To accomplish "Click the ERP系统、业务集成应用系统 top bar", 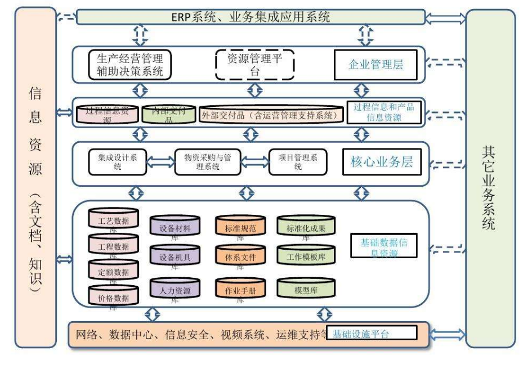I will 251,17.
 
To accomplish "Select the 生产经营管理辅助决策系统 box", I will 130,65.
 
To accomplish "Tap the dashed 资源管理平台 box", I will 254,65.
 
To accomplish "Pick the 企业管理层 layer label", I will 376,65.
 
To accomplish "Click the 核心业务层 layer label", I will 382,163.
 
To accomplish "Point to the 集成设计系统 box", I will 117,162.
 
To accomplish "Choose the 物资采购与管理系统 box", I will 207,162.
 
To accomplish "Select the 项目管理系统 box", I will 297,162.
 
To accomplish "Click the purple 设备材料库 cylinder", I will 175,228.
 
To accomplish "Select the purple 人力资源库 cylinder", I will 175,290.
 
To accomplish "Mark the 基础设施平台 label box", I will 374,334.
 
